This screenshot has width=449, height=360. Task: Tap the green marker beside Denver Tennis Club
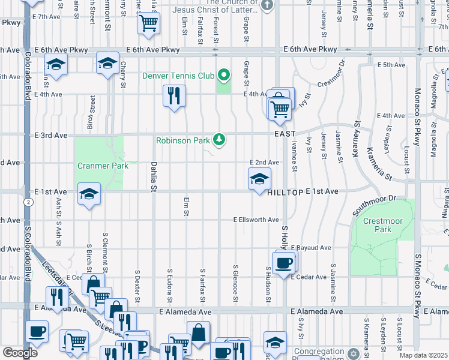coord(224,76)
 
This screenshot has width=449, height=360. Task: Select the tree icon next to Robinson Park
coord(220,140)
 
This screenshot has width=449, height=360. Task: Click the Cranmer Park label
coord(103,166)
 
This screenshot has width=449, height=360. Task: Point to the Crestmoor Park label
coord(383,226)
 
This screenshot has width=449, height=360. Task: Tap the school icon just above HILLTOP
coord(259,179)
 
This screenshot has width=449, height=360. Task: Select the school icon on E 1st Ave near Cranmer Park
coord(89,194)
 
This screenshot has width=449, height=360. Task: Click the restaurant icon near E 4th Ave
coord(174,95)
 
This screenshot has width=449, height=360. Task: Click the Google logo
coord(20,353)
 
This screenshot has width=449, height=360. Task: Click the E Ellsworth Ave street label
coord(256,220)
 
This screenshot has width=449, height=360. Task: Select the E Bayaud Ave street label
coord(312,247)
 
